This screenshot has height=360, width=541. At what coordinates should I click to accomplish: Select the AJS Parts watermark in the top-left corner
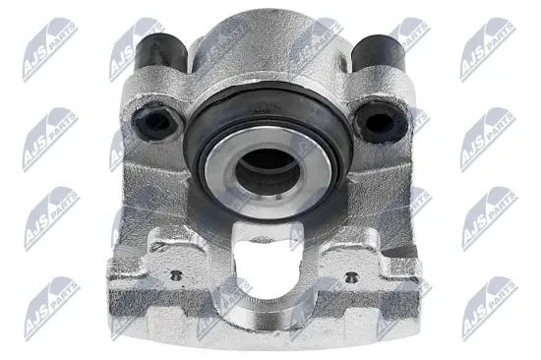(48, 44)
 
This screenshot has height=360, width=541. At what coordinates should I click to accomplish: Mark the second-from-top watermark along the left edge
(48, 133)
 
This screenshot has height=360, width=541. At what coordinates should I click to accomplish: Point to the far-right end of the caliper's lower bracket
(434, 285)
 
